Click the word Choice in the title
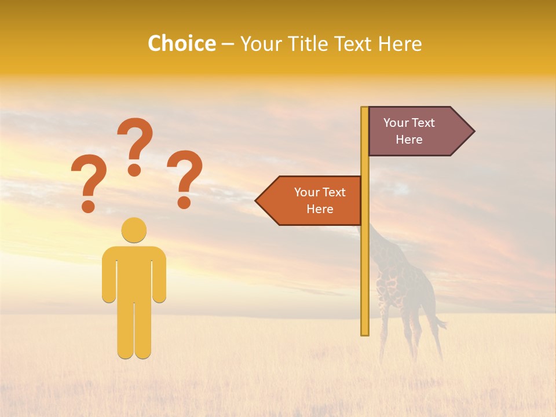click(x=181, y=43)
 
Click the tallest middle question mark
click(x=136, y=145)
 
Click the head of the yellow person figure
click(x=134, y=230)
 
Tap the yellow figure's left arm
click(x=109, y=275)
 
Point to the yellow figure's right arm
click(x=159, y=275)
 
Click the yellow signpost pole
click(x=365, y=261)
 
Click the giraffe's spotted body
click(x=400, y=284)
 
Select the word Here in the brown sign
click(x=409, y=140)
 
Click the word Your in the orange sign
click(x=307, y=192)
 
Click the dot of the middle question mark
click(x=134, y=170)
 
